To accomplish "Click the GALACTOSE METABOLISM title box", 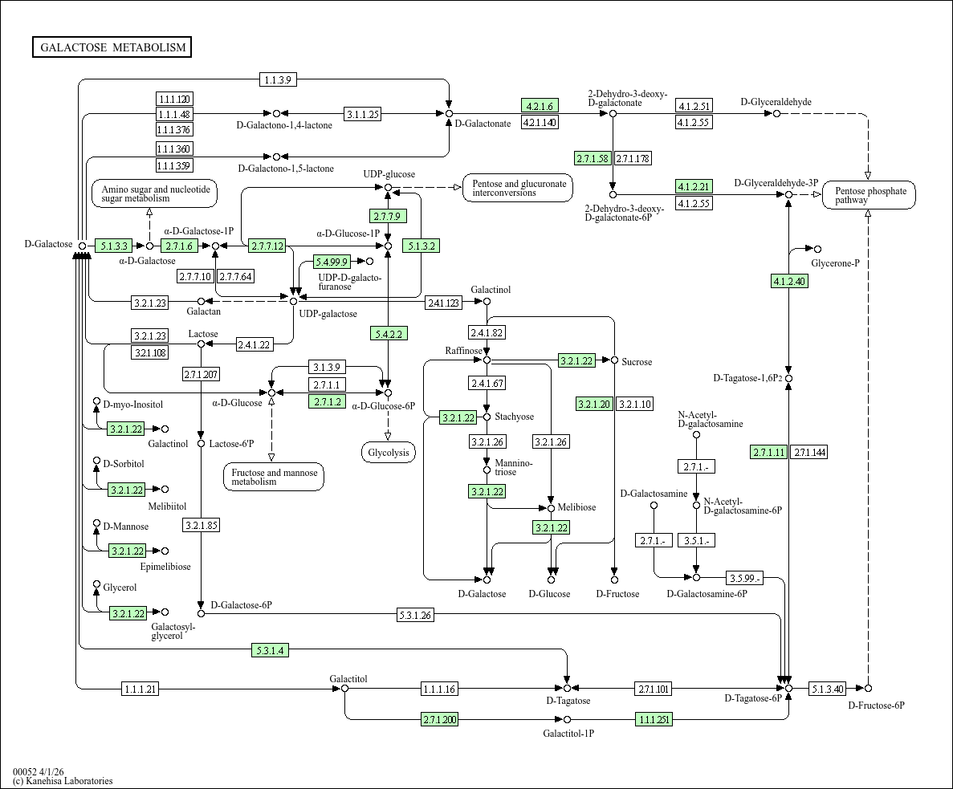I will [x=112, y=47].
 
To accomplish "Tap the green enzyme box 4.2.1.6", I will [x=540, y=106].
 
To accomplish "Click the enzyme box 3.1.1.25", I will [x=362, y=114].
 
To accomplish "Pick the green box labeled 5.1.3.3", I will [x=112, y=246].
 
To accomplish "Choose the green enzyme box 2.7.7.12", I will [x=267, y=246].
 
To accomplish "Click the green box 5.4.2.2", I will [x=388, y=333].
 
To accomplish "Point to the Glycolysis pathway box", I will [x=389, y=453].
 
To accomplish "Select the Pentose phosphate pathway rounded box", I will [x=870, y=195].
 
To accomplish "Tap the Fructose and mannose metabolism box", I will [x=274, y=477].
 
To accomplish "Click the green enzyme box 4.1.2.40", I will [x=789, y=281].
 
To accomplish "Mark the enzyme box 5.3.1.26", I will [x=415, y=616].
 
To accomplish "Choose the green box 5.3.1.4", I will [x=269, y=650].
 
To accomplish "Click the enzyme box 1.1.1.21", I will [x=141, y=689].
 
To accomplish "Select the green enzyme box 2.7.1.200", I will [x=439, y=719].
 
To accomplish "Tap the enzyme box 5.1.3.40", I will [x=828, y=689].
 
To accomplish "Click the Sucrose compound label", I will [x=637, y=362].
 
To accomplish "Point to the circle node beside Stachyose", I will [x=487, y=417].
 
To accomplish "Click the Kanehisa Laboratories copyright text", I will [x=63, y=781].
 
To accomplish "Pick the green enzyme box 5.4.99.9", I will [x=332, y=262].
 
